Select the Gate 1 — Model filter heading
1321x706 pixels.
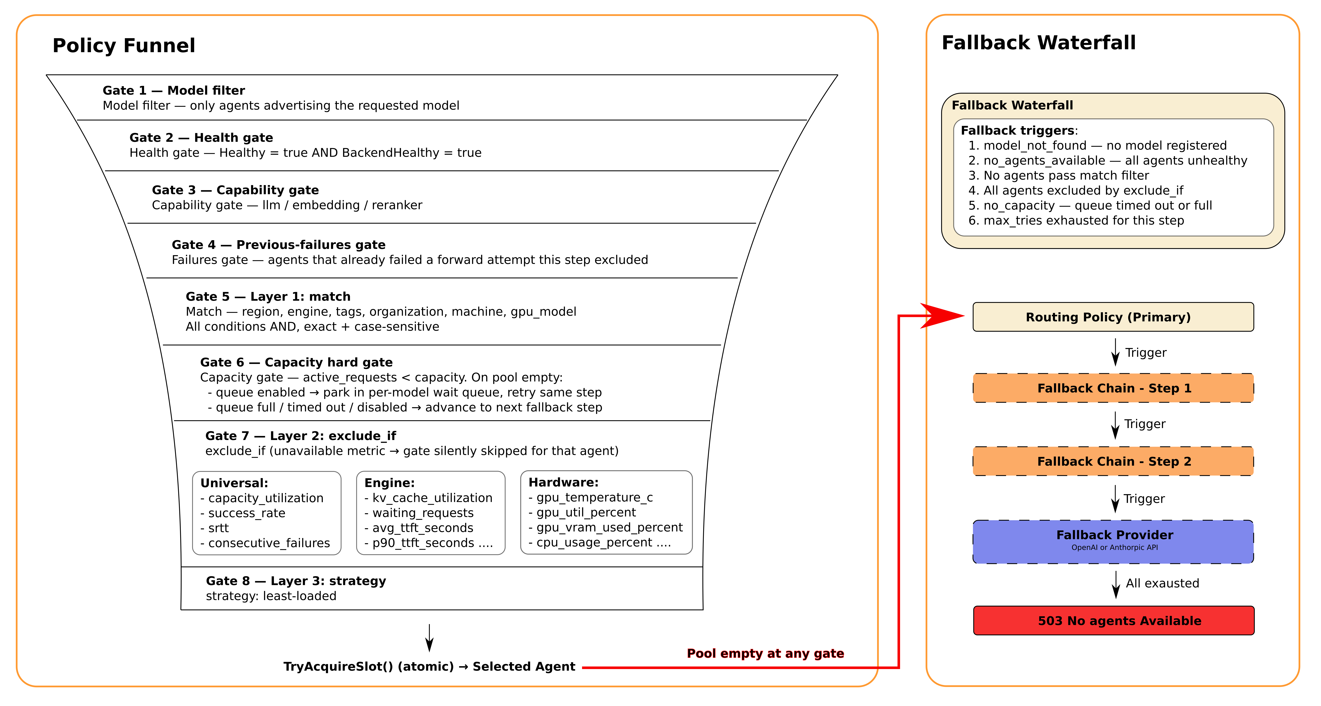click(x=174, y=90)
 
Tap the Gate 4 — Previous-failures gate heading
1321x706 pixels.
click(x=279, y=245)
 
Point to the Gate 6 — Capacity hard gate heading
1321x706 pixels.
click(x=296, y=362)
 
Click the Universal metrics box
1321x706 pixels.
click(x=267, y=513)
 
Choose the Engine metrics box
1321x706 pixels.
click(x=431, y=513)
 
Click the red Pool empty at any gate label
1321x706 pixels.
click(x=765, y=653)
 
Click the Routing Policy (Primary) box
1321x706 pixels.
click(x=1113, y=317)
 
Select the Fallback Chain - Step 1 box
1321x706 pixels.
click(x=1113, y=388)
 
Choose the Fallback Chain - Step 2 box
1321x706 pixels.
click(x=1113, y=461)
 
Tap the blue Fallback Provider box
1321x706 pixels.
click(x=1113, y=542)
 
